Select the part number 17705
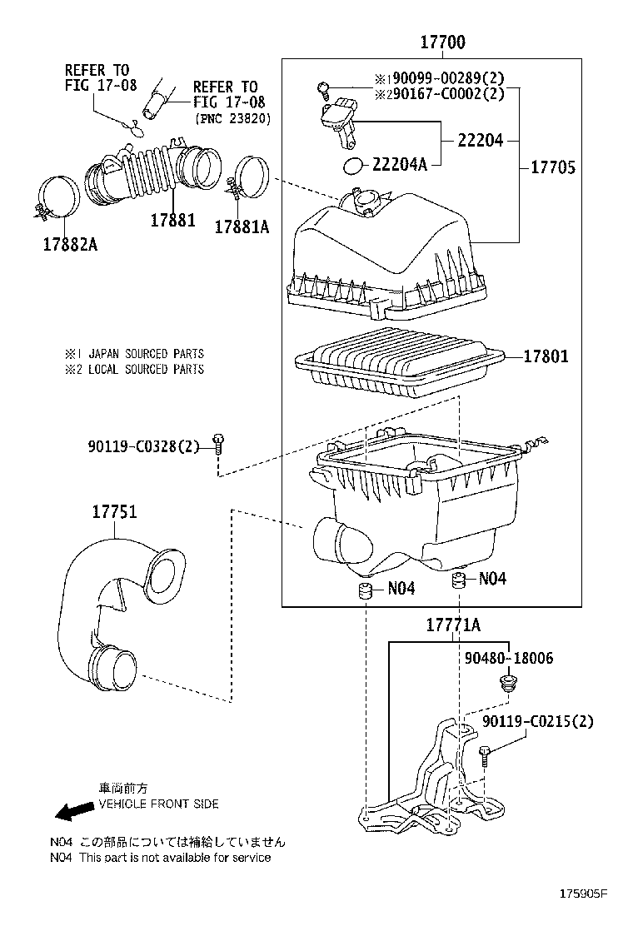(553, 167)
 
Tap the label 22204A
(399, 165)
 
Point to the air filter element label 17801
(546, 356)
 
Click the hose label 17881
(172, 221)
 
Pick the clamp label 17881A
(242, 226)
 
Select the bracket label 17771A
(453, 625)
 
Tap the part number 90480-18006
(508, 659)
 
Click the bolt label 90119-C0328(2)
(143, 446)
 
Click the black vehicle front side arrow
(70, 809)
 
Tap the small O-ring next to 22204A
(354, 165)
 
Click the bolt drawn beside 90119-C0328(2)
(218, 442)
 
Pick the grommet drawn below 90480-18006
(505, 685)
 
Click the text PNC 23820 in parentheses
(234, 118)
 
